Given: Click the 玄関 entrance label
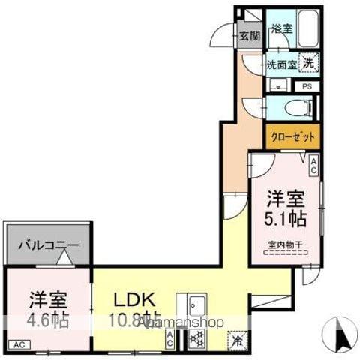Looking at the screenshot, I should [x=250, y=35].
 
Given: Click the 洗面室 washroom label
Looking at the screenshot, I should [x=282, y=65].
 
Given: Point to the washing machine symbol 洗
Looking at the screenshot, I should [x=307, y=64].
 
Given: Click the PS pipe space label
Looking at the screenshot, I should [x=307, y=86].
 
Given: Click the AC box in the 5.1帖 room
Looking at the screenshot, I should [x=313, y=166].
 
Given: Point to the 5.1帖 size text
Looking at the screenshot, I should [x=286, y=219].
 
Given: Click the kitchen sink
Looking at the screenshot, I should [x=197, y=304].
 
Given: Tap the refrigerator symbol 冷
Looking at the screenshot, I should [x=237, y=339].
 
